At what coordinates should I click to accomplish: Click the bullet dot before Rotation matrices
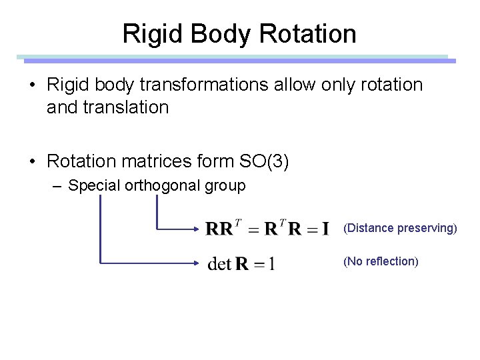(33, 161)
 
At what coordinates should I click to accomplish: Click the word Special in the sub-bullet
(94, 186)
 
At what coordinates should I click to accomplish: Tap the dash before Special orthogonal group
(59, 186)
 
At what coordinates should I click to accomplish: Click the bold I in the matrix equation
(325, 229)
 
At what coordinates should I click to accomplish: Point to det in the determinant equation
(220, 264)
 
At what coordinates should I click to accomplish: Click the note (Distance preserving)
(400, 229)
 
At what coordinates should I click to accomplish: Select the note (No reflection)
(381, 261)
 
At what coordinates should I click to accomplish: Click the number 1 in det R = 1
(271, 265)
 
